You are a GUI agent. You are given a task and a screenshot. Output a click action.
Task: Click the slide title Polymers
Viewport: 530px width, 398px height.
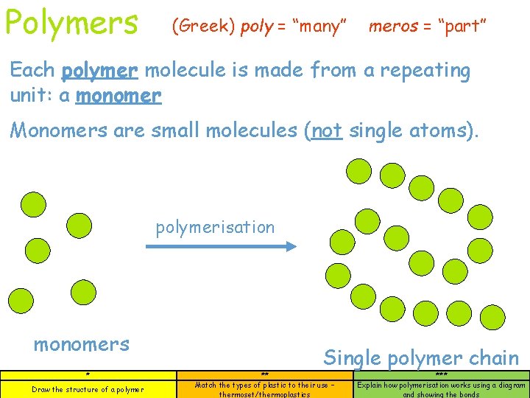[71, 22]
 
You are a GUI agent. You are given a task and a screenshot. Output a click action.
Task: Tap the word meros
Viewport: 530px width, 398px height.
[395, 27]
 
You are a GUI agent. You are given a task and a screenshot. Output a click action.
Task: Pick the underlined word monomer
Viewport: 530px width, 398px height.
[119, 96]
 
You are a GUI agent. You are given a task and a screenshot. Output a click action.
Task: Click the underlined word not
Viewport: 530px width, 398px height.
[328, 131]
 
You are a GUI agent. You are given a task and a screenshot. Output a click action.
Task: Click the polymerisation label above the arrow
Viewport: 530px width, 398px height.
[215, 227]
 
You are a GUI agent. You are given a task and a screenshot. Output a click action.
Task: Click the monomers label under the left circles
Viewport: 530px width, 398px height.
[82, 344]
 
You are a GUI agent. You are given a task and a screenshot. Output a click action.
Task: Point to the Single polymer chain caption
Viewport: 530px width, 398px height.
[421, 358]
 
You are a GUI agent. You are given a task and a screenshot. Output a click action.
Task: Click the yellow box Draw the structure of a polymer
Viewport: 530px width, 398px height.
[88, 388]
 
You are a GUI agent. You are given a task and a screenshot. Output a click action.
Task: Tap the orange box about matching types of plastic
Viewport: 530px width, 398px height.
[264, 388]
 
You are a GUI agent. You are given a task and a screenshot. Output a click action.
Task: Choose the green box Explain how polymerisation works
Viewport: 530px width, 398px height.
[441, 388]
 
